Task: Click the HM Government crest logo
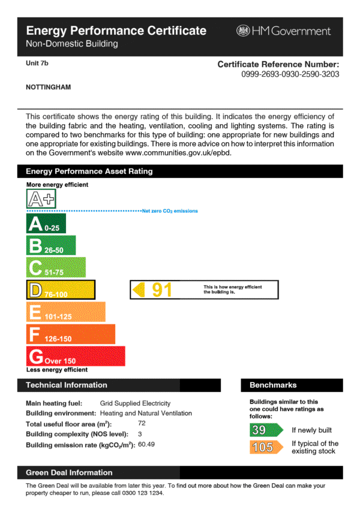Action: click(243, 31)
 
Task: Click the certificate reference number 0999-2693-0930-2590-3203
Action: click(290, 74)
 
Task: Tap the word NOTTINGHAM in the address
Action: click(49, 87)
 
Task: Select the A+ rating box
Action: click(41, 198)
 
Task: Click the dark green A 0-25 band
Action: click(46, 224)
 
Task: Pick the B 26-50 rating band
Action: click(51, 246)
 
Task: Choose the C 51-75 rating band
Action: click(56, 268)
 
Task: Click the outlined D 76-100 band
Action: click(60, 290)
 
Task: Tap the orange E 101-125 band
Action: click(65, 312)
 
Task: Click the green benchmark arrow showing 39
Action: click(265, 430)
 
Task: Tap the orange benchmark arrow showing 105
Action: click(265, 447)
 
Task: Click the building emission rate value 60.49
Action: click(146, 444)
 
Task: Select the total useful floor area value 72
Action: click(142, 423)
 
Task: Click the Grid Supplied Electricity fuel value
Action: click(135, 403)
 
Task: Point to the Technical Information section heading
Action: click(67, 385)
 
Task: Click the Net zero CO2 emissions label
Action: click(170, 211)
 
